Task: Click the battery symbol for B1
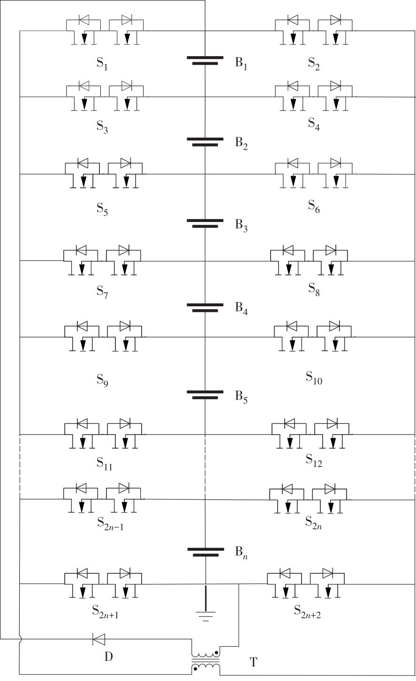click(205, 60)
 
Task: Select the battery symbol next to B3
click(205, 223)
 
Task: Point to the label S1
click(102, 64)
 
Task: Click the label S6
click(314, 207)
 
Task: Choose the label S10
click(314, 378)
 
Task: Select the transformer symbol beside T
click(205, 661)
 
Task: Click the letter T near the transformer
click(253, 661)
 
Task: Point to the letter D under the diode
click(108, 657)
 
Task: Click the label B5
click(241, 397)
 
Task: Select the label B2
click(241, 143)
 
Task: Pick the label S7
click(102, 292)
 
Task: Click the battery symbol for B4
click(205, 308)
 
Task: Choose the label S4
click(314, 124)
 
